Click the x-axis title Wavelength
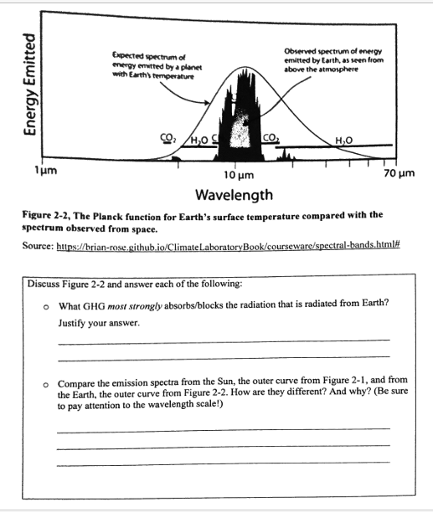pyautogui.click(x=234, y=196)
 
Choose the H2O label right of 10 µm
pyautogui.click(x=343, y=138)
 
